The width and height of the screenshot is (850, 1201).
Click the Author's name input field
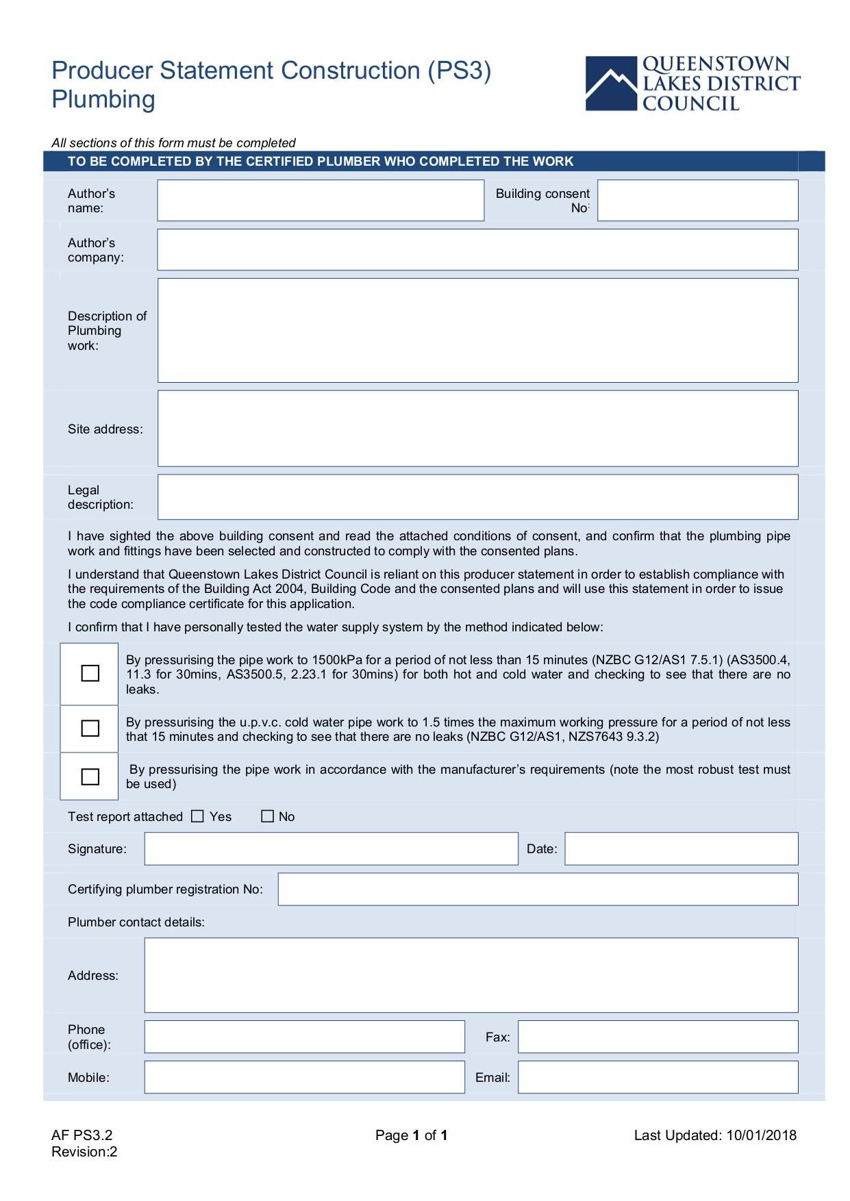point(320,201)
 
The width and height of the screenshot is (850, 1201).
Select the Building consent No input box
point(697,201)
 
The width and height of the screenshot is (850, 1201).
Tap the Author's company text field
point(477,250)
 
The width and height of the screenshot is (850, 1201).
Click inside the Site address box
point(477,429)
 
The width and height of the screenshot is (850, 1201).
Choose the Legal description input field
point(477,497)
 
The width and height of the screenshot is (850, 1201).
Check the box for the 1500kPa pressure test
point(90,674)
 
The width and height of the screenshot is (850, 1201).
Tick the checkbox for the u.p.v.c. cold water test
point(90,729)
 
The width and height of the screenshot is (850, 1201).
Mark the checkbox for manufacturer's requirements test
point(90,777)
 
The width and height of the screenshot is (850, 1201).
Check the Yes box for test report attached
point(198,816)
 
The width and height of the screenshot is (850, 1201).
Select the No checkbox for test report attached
point(268,816)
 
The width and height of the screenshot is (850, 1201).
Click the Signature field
point(331,849)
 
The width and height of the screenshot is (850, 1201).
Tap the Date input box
point(681,849)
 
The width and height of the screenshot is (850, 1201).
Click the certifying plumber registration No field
point(538,889)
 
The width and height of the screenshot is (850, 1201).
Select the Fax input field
point(658,1037)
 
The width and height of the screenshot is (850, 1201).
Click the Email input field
point(658,1078)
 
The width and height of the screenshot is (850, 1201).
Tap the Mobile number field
point(304,1078)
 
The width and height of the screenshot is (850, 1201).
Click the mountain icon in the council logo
point(611,84)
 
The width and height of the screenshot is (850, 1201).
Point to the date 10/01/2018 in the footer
point(761,1136)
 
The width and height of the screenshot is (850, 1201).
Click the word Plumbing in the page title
point(103,100)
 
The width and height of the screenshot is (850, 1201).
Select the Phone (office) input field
point(304,1037)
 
